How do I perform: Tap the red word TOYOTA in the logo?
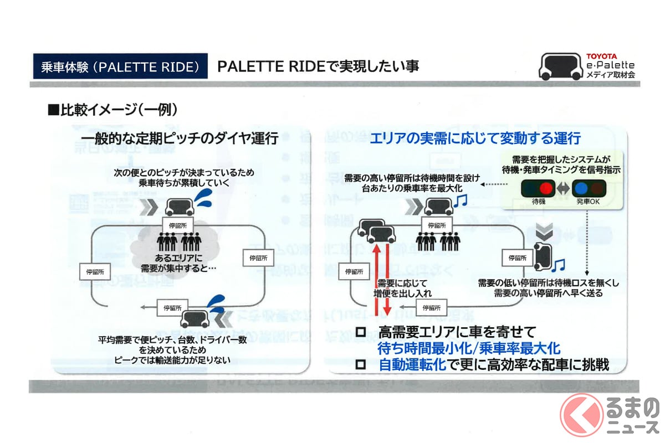pos(601,56)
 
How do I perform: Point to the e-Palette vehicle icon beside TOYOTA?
pos(560,66)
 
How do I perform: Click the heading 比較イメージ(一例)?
pos(113,110)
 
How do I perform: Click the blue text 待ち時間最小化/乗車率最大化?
pos(469,348)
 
